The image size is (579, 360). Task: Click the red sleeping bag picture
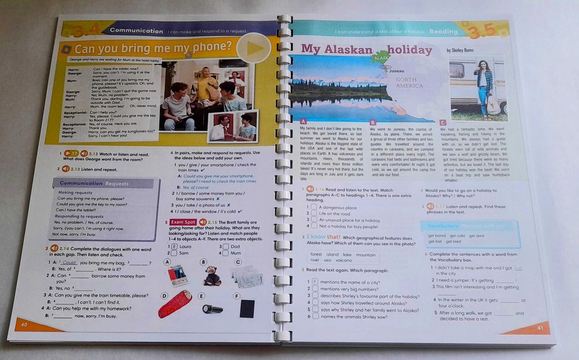(x=175, y=304)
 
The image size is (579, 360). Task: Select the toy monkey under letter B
(x=212, y=275)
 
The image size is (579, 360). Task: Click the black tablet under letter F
(x=247, y=307)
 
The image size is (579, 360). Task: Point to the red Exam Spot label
(x=183, y=222)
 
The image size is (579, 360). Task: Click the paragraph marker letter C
(x=442, y=122)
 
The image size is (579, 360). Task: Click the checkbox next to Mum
(x=223, y=253)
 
